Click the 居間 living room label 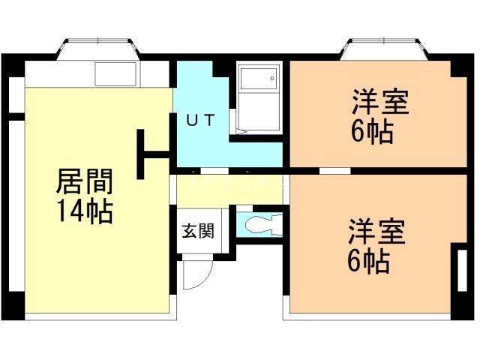point(85,182)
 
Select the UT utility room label point(201,119)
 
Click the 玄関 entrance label point(196,230)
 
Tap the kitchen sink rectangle point(115,74)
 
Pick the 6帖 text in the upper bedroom point(372,133)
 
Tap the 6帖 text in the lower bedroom point(368,261)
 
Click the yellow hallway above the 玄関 point(225,191)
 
